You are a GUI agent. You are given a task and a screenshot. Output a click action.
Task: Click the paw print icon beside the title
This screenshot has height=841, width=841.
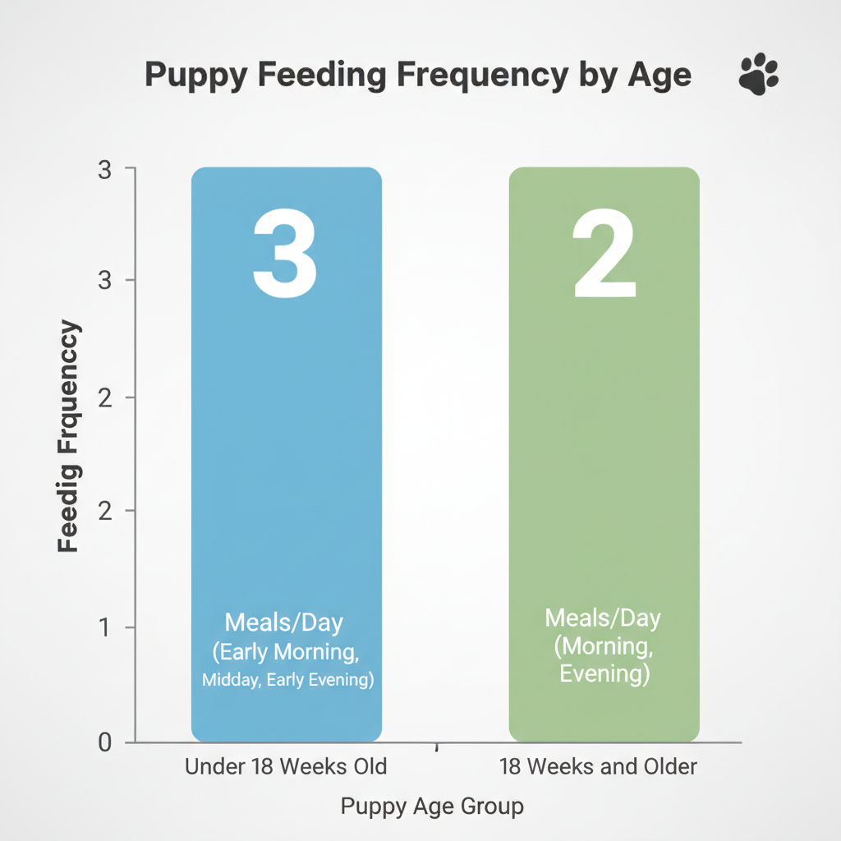[x=758, y=75]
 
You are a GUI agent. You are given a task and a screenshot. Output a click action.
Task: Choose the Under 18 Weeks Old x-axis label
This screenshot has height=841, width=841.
[x=286, y=767]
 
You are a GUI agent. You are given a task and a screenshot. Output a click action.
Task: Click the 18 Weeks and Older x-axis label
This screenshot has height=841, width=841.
[x=598, y=767]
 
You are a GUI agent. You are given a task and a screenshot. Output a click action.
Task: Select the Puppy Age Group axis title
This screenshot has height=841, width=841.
[x=432, y=807]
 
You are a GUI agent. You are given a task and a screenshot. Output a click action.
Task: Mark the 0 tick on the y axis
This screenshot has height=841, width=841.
[x=104, y=742]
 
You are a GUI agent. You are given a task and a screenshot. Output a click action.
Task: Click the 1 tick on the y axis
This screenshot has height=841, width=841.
[x=104, y=627]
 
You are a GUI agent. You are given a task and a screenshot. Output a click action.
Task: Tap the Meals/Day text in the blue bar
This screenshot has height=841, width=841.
[x=283, y=623]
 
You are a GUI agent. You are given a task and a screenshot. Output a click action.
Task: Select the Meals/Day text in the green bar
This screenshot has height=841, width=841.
[x=603, y=618]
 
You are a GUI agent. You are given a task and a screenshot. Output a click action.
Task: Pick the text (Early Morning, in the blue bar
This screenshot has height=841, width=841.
[x=286, y=652]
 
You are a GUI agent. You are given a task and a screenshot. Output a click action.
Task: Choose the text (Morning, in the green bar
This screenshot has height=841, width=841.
[x=603, y=646]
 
